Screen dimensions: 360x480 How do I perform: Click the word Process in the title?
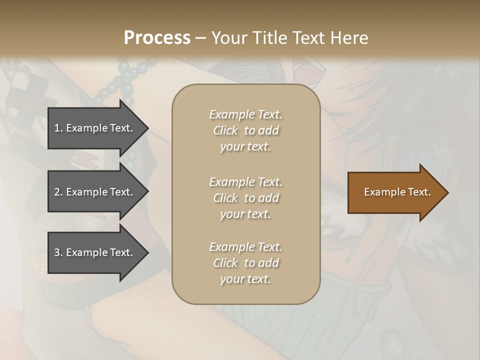click(x=157, y=38)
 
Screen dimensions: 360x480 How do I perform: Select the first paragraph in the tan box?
click(x=245, y=130)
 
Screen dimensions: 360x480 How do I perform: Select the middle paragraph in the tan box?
click(x=245, y=198)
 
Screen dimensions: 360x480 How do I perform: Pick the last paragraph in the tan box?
click(x=245, y=263)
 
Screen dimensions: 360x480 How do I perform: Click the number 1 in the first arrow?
click(x=57, y=128)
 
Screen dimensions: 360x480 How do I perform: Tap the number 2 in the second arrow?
click(x=57, y=192)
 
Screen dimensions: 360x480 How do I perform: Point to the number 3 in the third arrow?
click(x=57, y=252)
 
